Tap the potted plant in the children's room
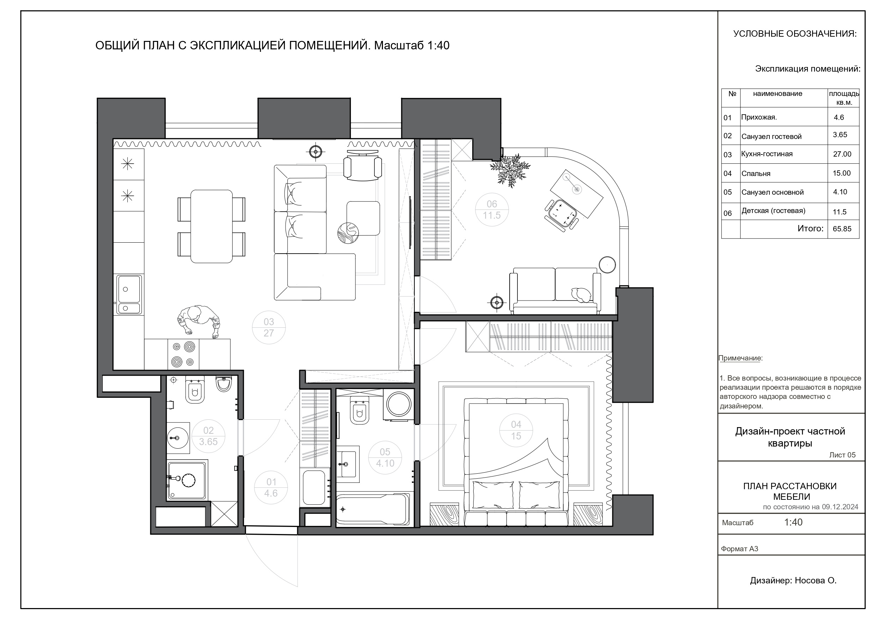click(510, 170)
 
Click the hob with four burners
click(184, 354)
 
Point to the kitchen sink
click(129, 295)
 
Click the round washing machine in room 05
click(399, 404)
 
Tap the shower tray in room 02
click(187, 480)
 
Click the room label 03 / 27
click(269, 327)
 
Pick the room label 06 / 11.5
click(492, 210)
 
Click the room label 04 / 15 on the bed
click(516, 430)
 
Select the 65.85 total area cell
click(842, 229)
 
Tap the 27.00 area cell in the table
click(842, 154)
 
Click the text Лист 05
click(842, 455)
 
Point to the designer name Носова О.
click(816, 581)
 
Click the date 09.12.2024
click(840, 507)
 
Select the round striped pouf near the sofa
click(348, 233)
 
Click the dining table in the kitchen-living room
click(211, 226)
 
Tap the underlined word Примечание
click(740, 358)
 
